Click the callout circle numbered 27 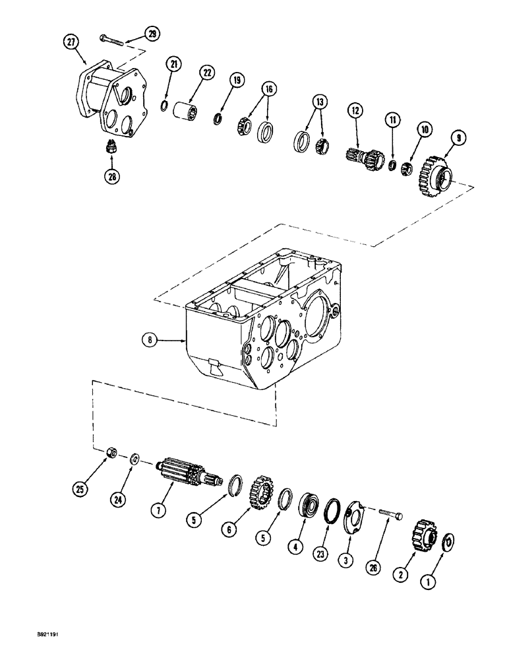coord(71,42)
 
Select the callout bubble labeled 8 coord(151,341)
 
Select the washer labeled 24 coord(135,459)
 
